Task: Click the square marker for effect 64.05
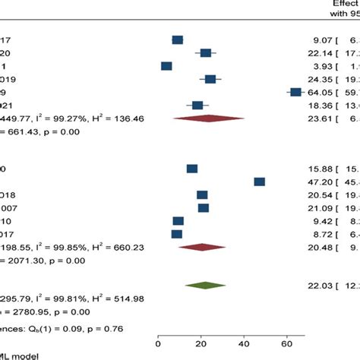click(x=295, y=92)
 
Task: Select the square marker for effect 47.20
click(x=260, y=182)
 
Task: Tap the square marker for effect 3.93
click(x=166, y=66)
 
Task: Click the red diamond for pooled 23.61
click(x=208, y=118)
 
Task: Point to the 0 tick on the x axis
click(x=157, y=321)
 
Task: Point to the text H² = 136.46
click(x=122, y=118)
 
